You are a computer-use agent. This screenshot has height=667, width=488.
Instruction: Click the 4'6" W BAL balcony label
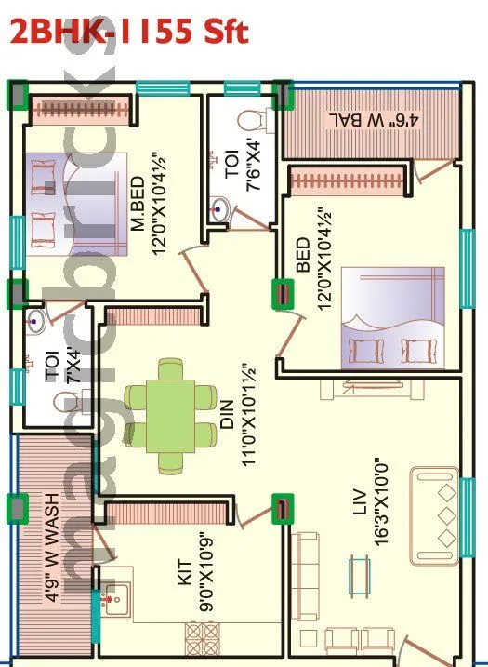click(372, 122)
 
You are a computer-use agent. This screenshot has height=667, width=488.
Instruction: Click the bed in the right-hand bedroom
click(390, 316)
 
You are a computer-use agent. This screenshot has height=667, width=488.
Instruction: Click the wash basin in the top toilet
click(221, 209)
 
